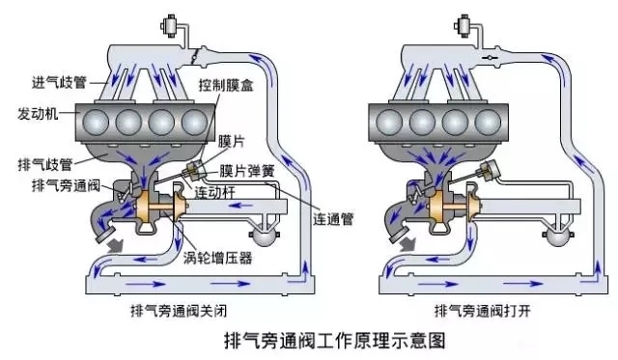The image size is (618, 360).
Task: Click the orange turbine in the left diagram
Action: click(x=154, y=204)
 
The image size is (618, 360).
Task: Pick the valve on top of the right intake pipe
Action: click(x=470, y=27)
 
